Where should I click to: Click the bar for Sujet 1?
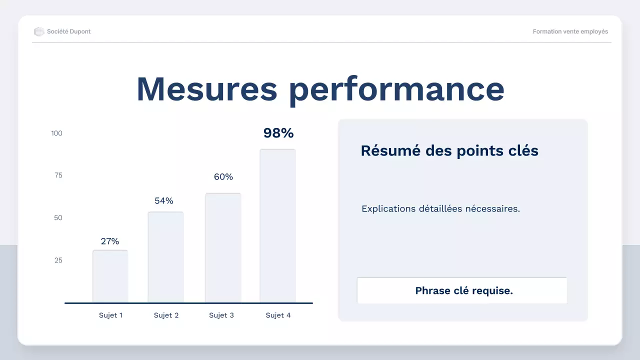coord(110,276)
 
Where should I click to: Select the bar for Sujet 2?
coord(165,257)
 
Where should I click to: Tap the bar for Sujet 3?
coord(223,248)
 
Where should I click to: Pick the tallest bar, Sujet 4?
coord(277,226)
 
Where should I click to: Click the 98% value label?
coord(278,133)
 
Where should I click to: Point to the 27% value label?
coord(110,241)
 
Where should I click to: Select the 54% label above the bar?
coord(164,200)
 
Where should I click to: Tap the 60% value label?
coord(223,176)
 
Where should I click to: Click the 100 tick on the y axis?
coord(56,133)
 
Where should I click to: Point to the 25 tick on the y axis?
coord(58,260)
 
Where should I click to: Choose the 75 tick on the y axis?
coord(58,175)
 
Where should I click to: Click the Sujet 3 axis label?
coord(221,315)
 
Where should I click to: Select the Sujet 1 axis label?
coord(110,315)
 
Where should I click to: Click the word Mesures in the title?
coord(206,89)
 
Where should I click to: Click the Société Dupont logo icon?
coord(39,31)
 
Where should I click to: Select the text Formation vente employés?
coord(570,31)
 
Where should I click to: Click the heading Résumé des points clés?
coord(449,150)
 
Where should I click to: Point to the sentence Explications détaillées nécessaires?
coord(440,208)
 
